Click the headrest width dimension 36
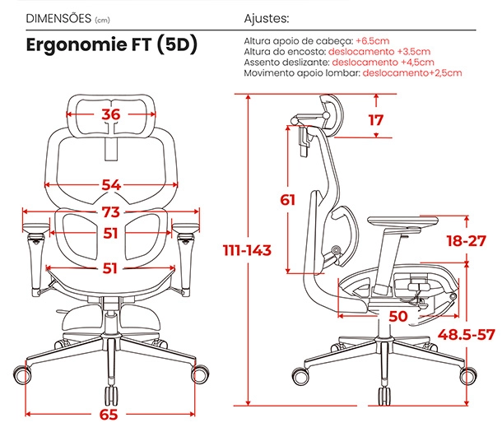click(111, 114)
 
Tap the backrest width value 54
click(111, 185)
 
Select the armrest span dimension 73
click(111, 211)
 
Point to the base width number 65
click(109, 415)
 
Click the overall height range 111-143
click(247, 250)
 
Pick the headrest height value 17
click(376, 120)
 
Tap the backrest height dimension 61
click(287, 200)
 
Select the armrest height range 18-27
click(467, 240)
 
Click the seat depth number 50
click(398, 316)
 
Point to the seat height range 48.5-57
click(466, 335)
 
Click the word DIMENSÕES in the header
click(58, 19)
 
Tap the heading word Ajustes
click(267, 19)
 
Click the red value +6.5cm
click(373, 41)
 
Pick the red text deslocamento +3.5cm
click(379, 52)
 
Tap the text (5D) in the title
click(177, 44)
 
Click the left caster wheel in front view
click(21, 374)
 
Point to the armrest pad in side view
click(402, 221)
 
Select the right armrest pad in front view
click(186, 227)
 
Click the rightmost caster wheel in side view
click(468, 376)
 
